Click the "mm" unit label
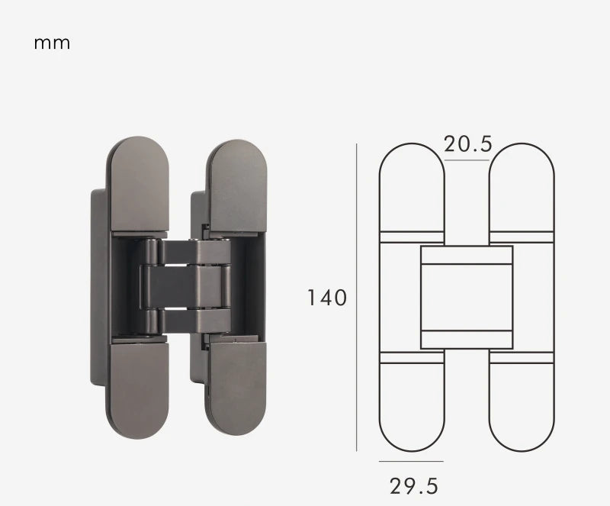point(52,44)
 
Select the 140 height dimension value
point(327,297)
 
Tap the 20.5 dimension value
point(467,143)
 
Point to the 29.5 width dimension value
point(414,485)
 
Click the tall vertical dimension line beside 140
point(357,298)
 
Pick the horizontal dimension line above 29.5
point(411,461)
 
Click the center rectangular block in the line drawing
point(467,297)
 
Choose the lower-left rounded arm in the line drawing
point(412,404)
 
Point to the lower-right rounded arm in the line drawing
point(522,404)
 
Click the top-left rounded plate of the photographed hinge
point(139,183)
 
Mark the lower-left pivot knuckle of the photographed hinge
point(150,321)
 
